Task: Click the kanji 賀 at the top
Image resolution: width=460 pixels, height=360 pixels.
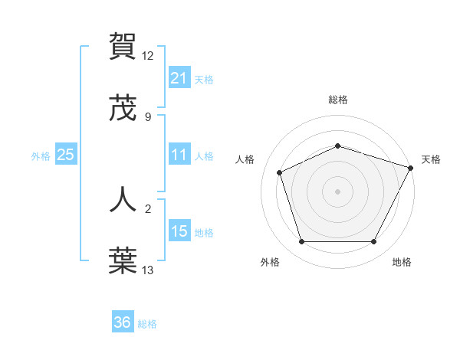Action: tap(123, 46)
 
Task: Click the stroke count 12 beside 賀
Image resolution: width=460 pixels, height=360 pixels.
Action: tap(148, 56)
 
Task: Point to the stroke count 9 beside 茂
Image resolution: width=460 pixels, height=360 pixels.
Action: tap(148, 117)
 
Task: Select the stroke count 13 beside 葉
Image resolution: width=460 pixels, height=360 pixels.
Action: tap(148, 270)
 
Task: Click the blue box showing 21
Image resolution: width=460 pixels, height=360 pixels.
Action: tap(179, 78)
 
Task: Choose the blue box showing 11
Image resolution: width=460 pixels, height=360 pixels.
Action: tap(179, 155)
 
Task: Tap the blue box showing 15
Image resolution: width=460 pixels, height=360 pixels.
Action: tap(179, 231)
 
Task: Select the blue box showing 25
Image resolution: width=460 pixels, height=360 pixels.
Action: tap(65, 155)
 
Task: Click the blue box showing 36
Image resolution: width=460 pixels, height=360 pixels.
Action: tap(123, 322)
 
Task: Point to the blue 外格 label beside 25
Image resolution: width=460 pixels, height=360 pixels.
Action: tap(41, 156)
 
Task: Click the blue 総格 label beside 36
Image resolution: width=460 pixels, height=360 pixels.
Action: tap(147, 324)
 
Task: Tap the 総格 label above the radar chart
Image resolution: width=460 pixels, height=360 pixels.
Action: tap(337, 100)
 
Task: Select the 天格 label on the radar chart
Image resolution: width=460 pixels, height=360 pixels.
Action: tap(431, 159)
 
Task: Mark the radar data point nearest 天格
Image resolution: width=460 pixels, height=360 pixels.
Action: tap(412, 168)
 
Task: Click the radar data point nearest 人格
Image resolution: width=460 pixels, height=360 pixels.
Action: tap(280, 172)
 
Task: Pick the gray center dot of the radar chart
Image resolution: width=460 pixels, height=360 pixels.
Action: tap(337, 191)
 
